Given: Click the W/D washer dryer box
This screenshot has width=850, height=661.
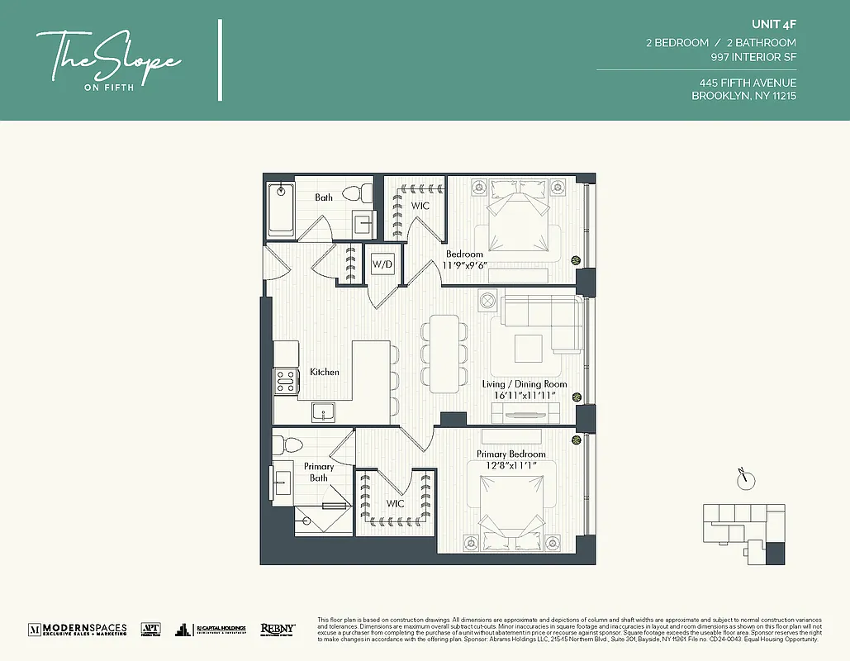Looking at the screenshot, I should coord(382,265).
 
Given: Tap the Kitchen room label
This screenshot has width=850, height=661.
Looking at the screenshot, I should coord(324,372).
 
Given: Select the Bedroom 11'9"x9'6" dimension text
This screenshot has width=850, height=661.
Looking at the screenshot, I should coord(465,265).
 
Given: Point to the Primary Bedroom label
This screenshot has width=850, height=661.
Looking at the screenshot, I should coord(510,454).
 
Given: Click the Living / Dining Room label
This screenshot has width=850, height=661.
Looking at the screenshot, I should coord(525,384).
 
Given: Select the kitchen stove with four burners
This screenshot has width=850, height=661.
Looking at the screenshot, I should coord(286,380).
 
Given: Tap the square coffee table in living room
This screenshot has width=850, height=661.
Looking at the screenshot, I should coord(529,348).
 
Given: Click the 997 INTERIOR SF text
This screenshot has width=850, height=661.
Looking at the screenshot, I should coord(753,57).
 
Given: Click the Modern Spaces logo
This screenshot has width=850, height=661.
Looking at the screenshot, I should coord(78,629).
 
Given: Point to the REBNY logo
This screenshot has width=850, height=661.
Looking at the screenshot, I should coord(278,629).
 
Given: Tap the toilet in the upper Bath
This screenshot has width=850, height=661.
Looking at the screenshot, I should coord(354,194).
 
